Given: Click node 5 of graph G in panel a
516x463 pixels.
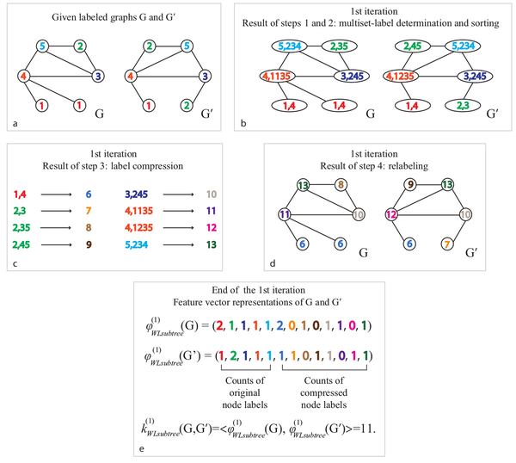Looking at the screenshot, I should (42, 46).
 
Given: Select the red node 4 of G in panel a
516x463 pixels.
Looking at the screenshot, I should (25, 76).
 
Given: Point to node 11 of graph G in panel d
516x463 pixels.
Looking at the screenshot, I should (286, 211).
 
